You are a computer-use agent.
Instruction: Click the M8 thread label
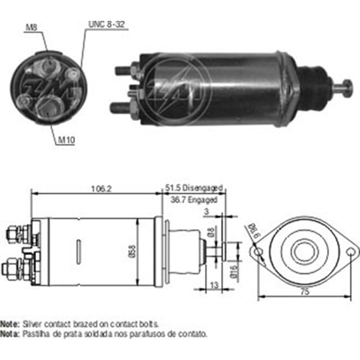pos(32,27)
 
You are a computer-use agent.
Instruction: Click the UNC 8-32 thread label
pos(107,24)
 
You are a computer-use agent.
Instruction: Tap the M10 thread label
pos(66,140)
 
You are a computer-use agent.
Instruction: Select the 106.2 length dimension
pos(102,189)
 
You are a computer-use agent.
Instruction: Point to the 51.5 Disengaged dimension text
pos(194,188)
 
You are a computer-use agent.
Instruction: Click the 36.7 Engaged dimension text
pos(194,199)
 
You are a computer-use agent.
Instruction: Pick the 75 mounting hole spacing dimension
pos(305,292)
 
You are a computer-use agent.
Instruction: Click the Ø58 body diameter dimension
pos(132,251)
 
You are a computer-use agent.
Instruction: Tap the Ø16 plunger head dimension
pos(234,271)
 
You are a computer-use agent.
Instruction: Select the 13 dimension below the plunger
pos(215,285)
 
